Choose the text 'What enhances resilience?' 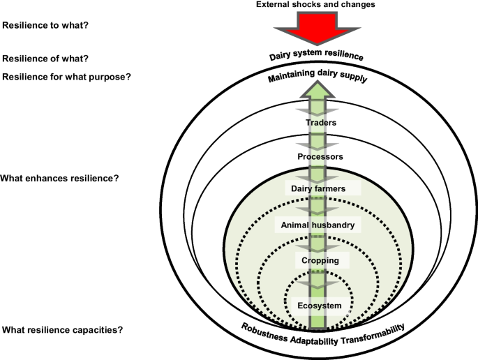[60, 179]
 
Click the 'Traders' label [321, 123]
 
